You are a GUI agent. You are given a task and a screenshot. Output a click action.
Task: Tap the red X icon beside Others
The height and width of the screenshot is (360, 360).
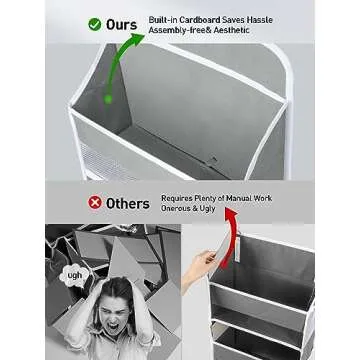pos(96,202)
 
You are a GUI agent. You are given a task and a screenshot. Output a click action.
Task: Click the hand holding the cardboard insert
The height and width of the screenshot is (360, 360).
pos(207,266)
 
